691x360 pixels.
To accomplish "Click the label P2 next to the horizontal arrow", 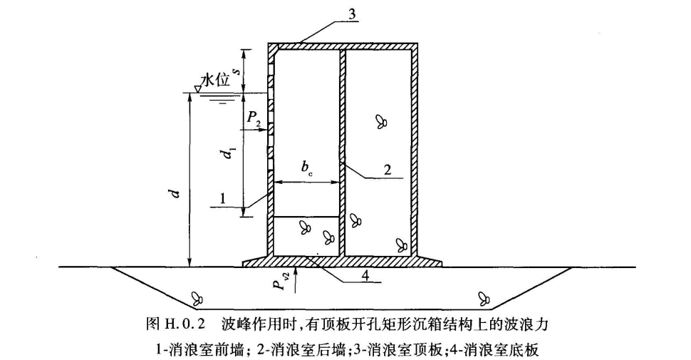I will coord(254,122).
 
